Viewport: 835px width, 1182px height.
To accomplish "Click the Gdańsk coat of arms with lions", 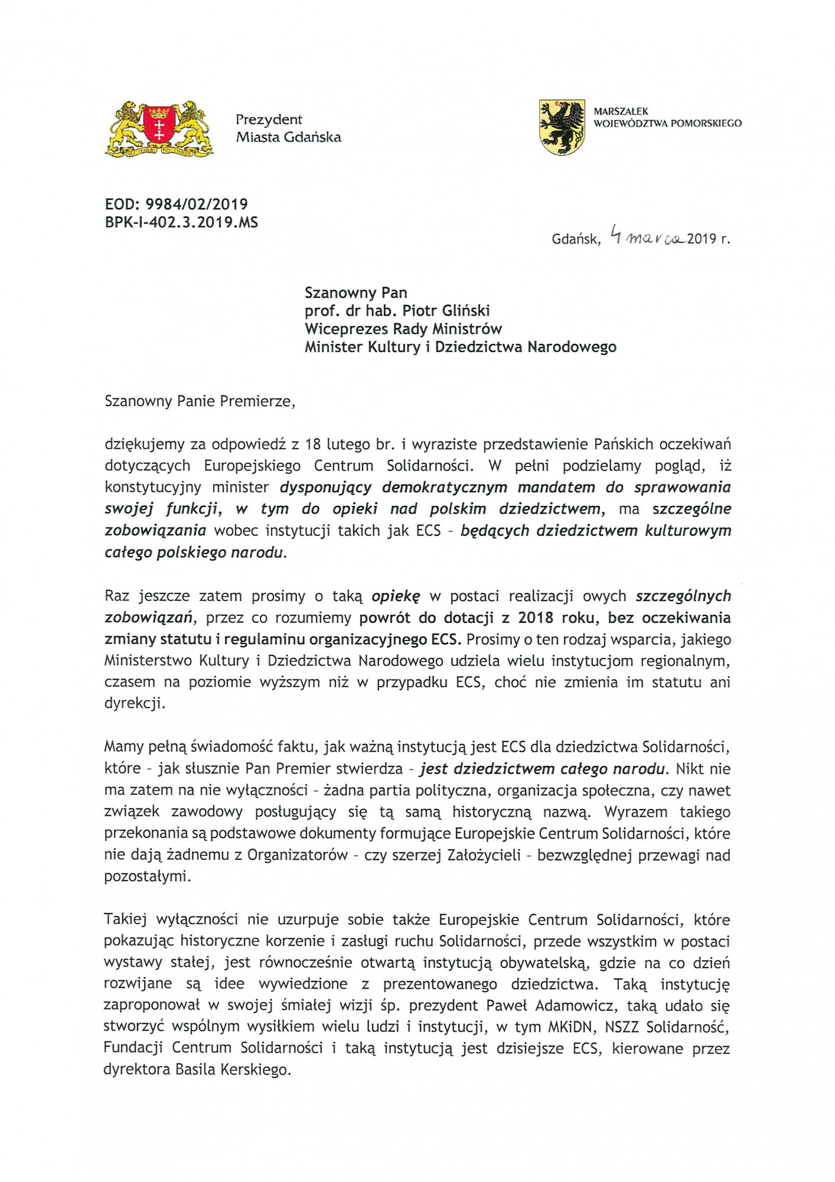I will click(159, 129).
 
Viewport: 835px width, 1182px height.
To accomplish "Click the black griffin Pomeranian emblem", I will click(562, 127).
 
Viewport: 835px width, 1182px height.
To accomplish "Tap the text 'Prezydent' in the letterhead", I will click(269, 119).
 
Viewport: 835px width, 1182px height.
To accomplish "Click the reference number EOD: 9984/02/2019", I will click(176, 204).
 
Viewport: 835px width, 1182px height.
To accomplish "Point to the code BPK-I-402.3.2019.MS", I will click(181, 223).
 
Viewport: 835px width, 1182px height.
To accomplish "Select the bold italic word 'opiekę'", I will click(395, 596).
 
